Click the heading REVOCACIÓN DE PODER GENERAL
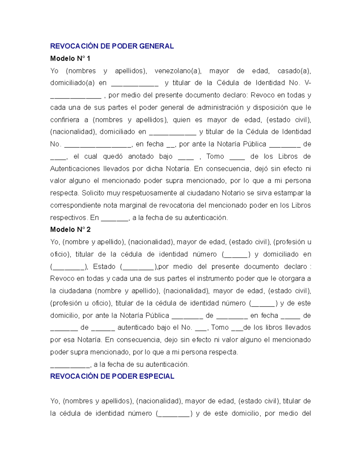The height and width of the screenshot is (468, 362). click(112, 46)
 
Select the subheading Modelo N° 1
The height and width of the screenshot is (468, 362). click(70, 58)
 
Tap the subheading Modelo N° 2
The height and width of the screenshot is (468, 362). click(70, 230)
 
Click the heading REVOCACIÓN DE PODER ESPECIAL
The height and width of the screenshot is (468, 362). click(112, 376)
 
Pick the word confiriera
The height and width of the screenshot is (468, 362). click(65, 120)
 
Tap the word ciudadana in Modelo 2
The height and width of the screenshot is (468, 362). click(75, 291)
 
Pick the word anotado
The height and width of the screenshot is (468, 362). click(141, 157)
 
